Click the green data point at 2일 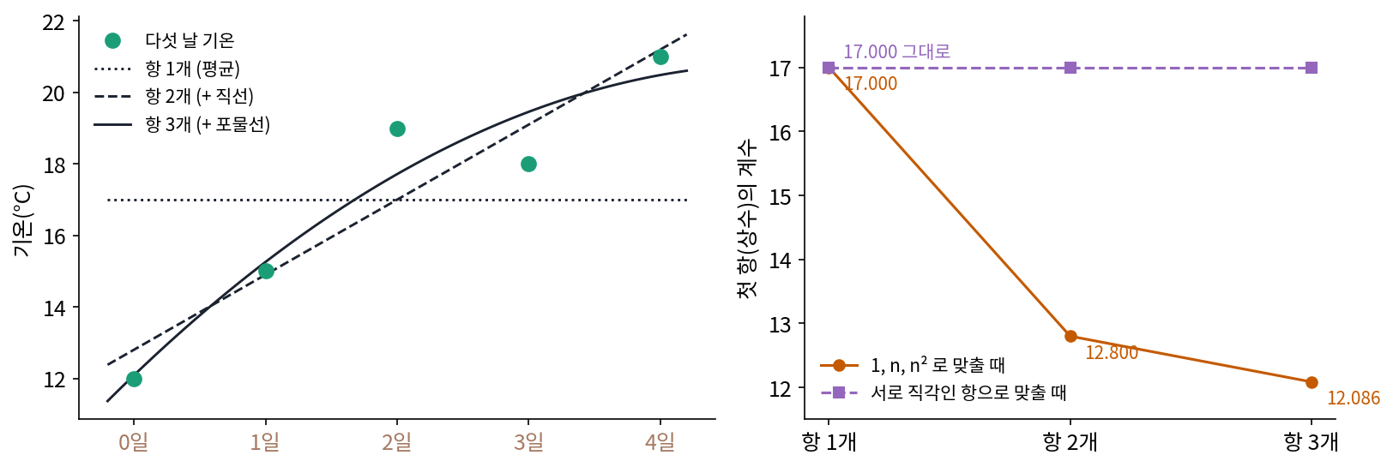(397, 129)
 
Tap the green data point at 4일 (660, 57)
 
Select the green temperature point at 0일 (134, 379)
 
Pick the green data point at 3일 (528, 164)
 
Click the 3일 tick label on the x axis (528, 442)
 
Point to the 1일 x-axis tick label (265, 442)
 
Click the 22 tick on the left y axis (53, 22)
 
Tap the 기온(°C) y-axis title (22, 220)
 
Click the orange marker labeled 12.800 (1070, 337)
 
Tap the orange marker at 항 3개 (1312, 382)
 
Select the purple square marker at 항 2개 (1070, 68)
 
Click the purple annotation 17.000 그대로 (896, 51)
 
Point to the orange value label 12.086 (1354, 398)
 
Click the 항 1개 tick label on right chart (829, 442)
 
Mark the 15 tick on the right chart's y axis (780, 196)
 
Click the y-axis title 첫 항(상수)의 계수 (746, 219)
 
